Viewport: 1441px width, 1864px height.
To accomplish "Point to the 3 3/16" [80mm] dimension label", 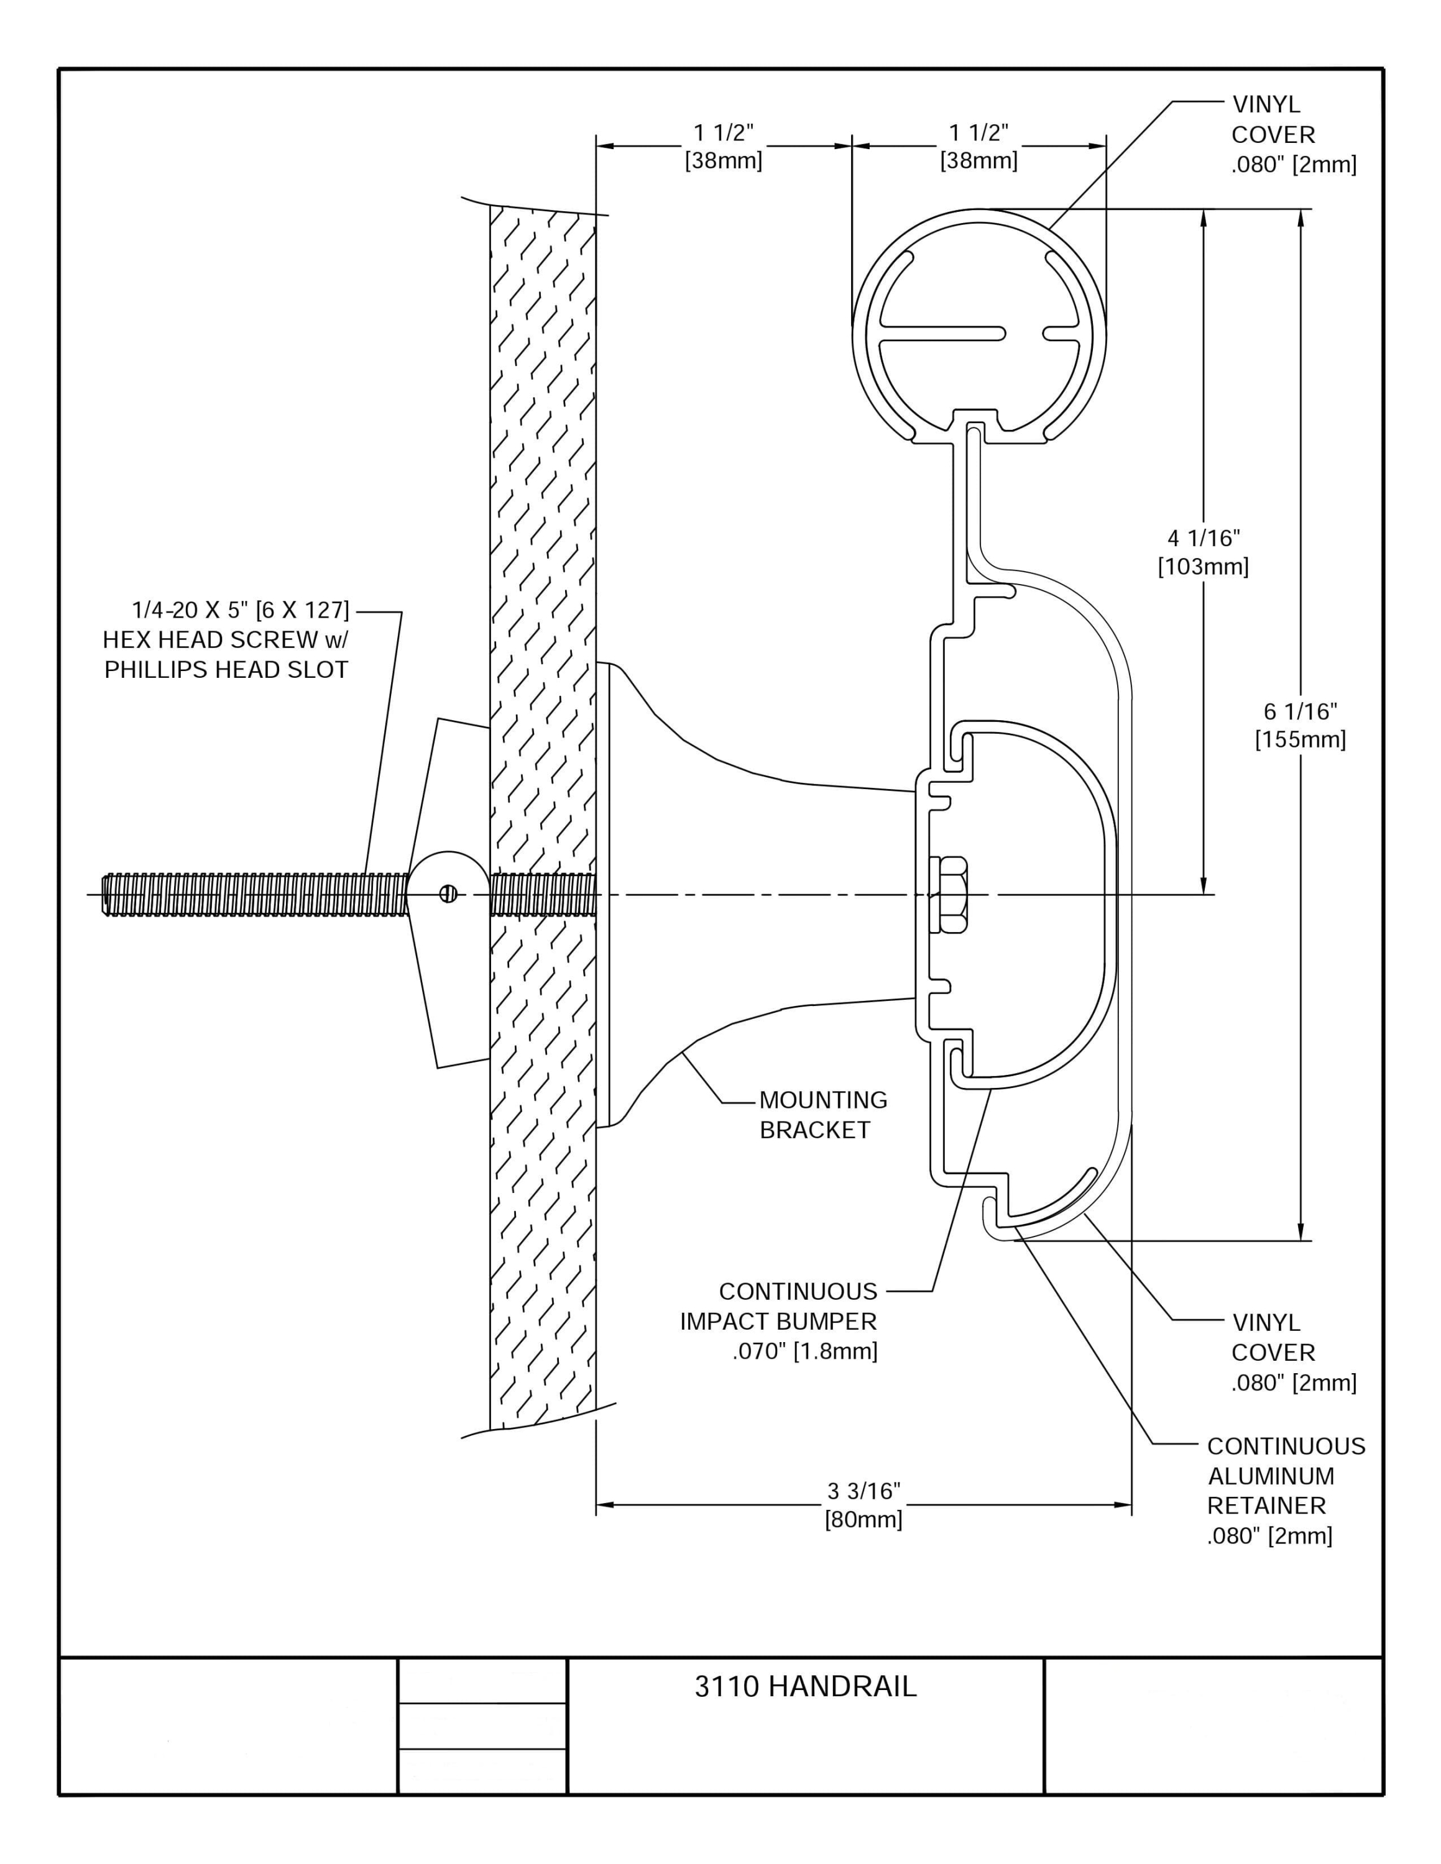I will pyautogui.click(x=863, y=1505).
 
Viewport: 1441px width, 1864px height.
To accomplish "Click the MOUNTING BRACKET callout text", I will pyautogui.click(x=823, y=1115).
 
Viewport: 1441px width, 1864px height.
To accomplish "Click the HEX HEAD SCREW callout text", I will pyautogui.click(x=226, y=639).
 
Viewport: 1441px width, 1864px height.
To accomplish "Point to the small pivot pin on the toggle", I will pyautogui.click(x=449, y=893).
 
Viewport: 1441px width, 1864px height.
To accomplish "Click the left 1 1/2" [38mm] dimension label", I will pyautogui.click(x=723, y=146).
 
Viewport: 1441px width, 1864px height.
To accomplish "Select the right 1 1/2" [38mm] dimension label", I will pyautogui.click(x=978, y=146).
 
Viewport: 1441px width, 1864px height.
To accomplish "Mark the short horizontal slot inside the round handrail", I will pyautogui.click(x=1061, y=334).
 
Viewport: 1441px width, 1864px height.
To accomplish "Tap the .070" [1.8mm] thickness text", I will pyautogui.click(x=804, y=1351).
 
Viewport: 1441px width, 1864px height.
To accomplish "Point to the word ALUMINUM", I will pyautogui.click(x=1270, y=1476).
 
